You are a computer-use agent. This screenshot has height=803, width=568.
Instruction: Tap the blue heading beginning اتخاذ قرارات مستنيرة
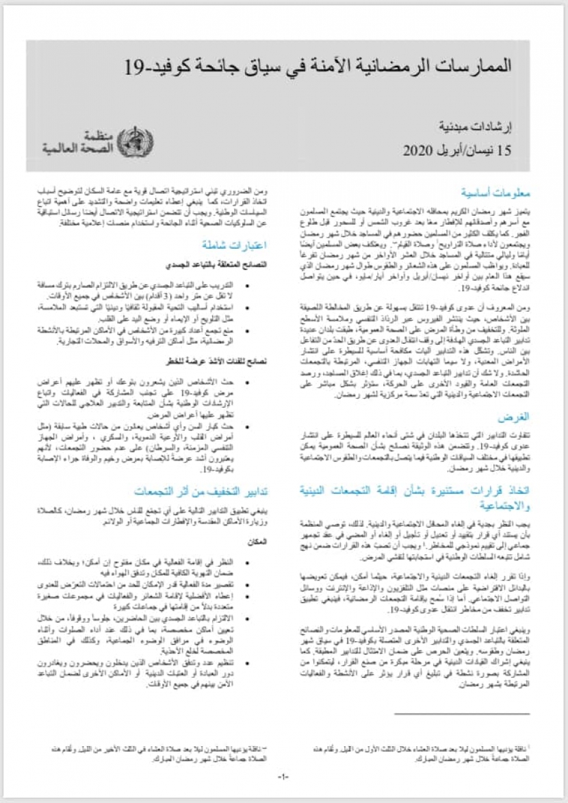[416, 497]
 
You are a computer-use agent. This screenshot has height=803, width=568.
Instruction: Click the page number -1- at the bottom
[284, 776]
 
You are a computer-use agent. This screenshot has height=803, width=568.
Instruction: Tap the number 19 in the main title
[134, 67]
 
